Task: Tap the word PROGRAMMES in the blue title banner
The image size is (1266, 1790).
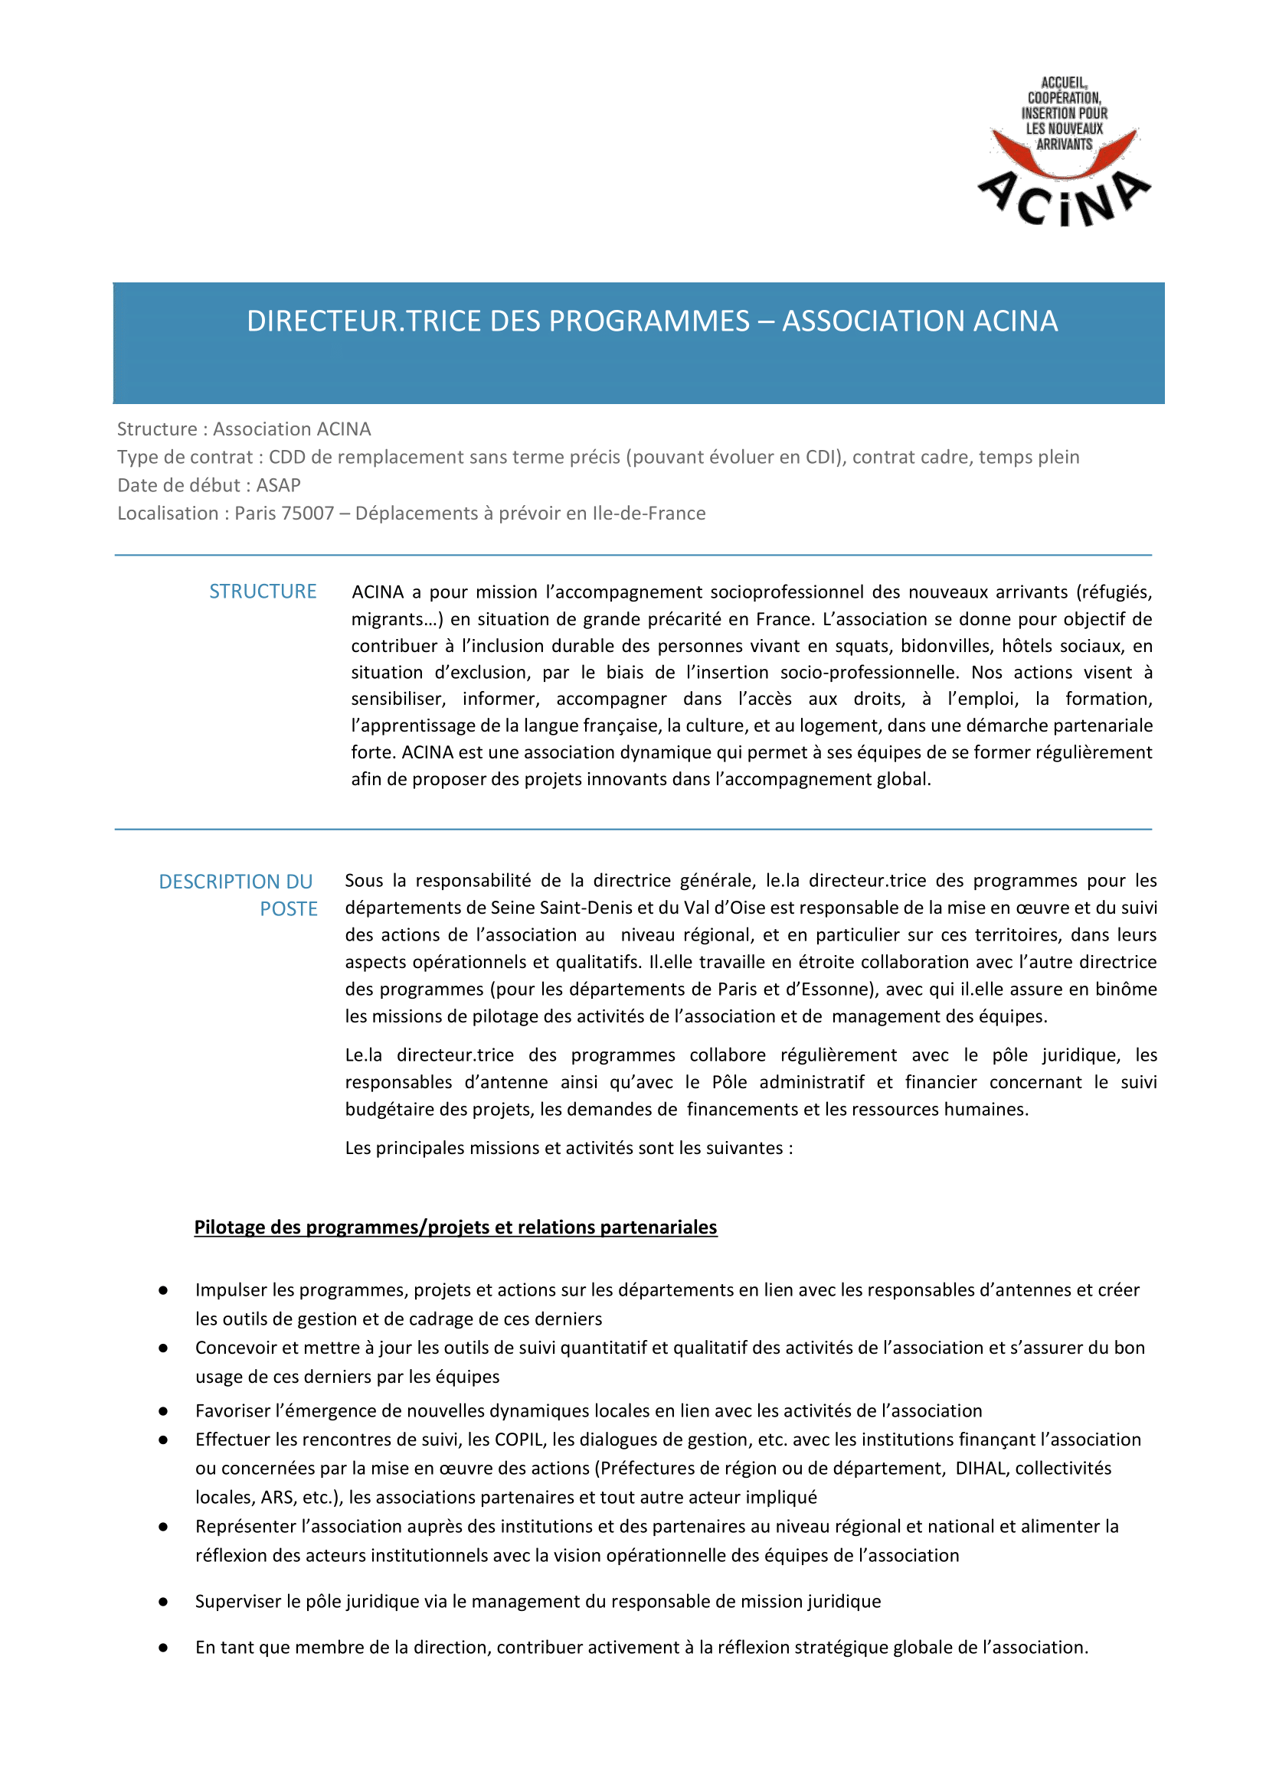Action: tap(649, 321)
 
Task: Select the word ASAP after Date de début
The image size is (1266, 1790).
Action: tap(279, 485)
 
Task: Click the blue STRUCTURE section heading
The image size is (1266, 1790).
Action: tap(262, 592)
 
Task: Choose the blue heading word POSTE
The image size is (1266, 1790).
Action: tap(289, 909)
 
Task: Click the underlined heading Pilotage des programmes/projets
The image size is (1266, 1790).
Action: tap(455, 1227)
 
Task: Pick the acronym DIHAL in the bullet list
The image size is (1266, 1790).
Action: tap(980, 1468)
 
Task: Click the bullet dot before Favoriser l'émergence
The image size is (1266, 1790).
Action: tap(163, 1410)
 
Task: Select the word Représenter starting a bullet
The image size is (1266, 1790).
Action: tap(246, 1526)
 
